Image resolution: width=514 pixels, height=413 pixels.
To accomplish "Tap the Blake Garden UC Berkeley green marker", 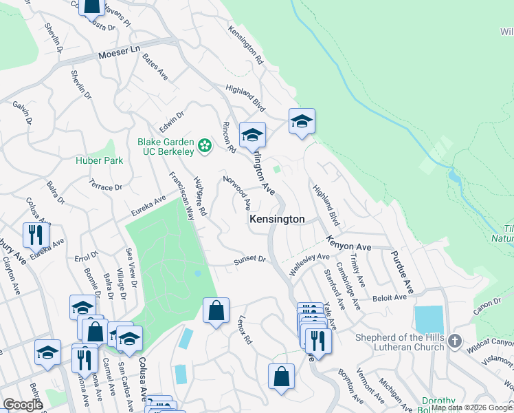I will pyautogui.click(x=204, y=145).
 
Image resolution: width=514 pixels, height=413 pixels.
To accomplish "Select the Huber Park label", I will pyautogui.click(x=99, y=160).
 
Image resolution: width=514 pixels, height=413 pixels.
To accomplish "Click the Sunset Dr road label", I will pyautogui.click(x=249, y=260).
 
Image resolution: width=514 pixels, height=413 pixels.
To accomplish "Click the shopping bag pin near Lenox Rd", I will pyautogui.click(x=216, y=310).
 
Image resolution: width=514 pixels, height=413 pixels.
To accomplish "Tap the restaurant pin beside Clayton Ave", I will pyautogui.click(x=36, y=235).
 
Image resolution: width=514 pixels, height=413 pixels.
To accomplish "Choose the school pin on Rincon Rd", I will pyautogui.click(x=252, y=134).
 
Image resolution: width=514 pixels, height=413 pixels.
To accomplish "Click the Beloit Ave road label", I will pyautogui.click(x=391, y=297).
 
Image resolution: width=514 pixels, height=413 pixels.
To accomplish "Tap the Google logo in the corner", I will pyautogui.click(x=23, y=405).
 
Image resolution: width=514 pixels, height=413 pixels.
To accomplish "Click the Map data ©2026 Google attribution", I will pyautogui.click(x=471, y=407).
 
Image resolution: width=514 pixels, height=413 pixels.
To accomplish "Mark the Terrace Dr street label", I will pyautogui.click(x=105, y=185).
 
